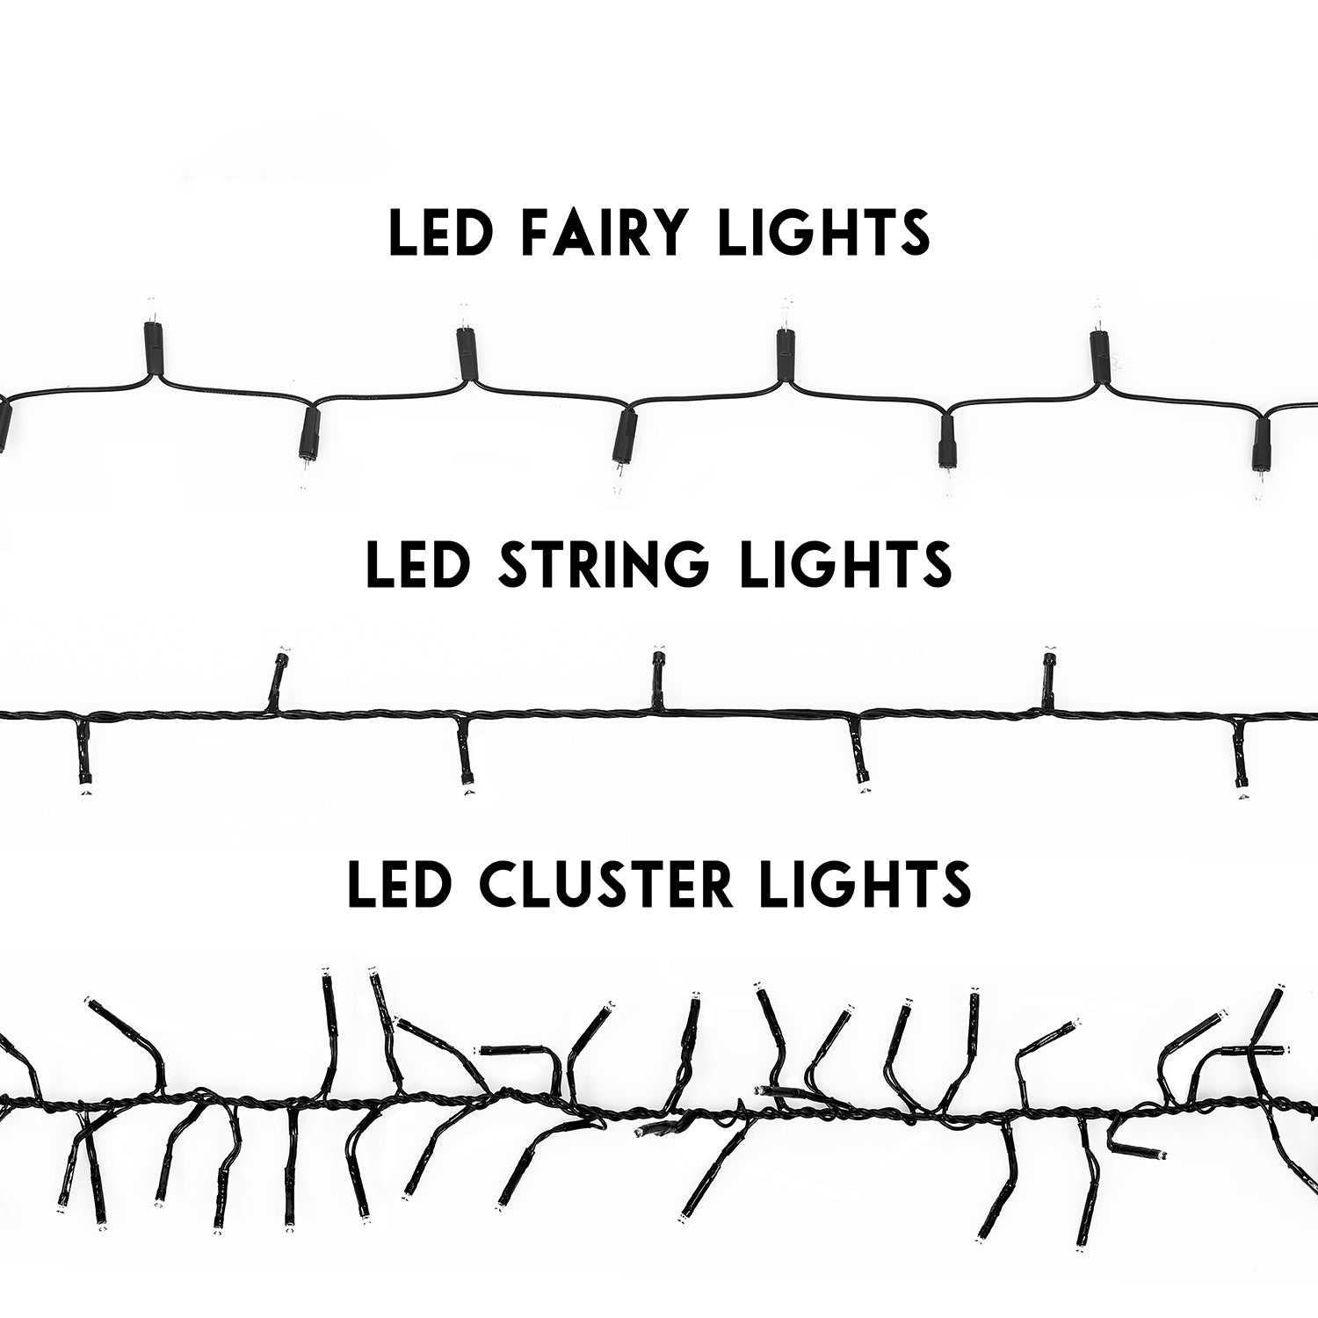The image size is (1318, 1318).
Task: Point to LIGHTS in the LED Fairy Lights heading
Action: pos(825,232)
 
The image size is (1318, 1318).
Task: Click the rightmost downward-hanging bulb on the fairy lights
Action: pos(1263,457)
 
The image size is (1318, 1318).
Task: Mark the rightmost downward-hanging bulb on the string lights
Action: pos(1241,756)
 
